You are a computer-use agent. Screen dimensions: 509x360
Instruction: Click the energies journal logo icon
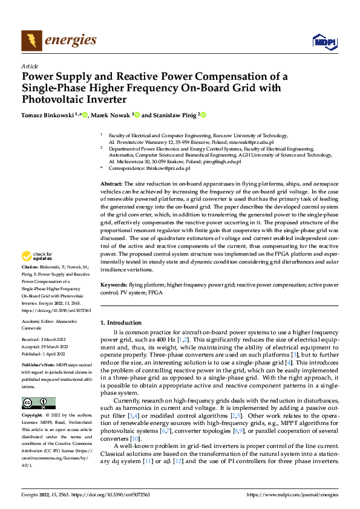click(31, 41)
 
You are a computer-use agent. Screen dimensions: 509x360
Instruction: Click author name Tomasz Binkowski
click(48, 115)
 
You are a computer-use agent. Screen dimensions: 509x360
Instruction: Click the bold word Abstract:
click(111, 183)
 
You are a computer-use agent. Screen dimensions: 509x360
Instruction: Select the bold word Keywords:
click(113, 284)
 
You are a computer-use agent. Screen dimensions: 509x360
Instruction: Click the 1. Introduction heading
click(121, 323)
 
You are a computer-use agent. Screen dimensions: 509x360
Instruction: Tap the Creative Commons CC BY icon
click(39, 403)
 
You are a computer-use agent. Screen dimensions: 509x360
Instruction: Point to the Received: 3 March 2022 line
click(46, 340)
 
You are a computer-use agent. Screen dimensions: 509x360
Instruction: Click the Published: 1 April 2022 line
click(46, 353)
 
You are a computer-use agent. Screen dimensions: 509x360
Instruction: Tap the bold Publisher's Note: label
click(39, 366)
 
